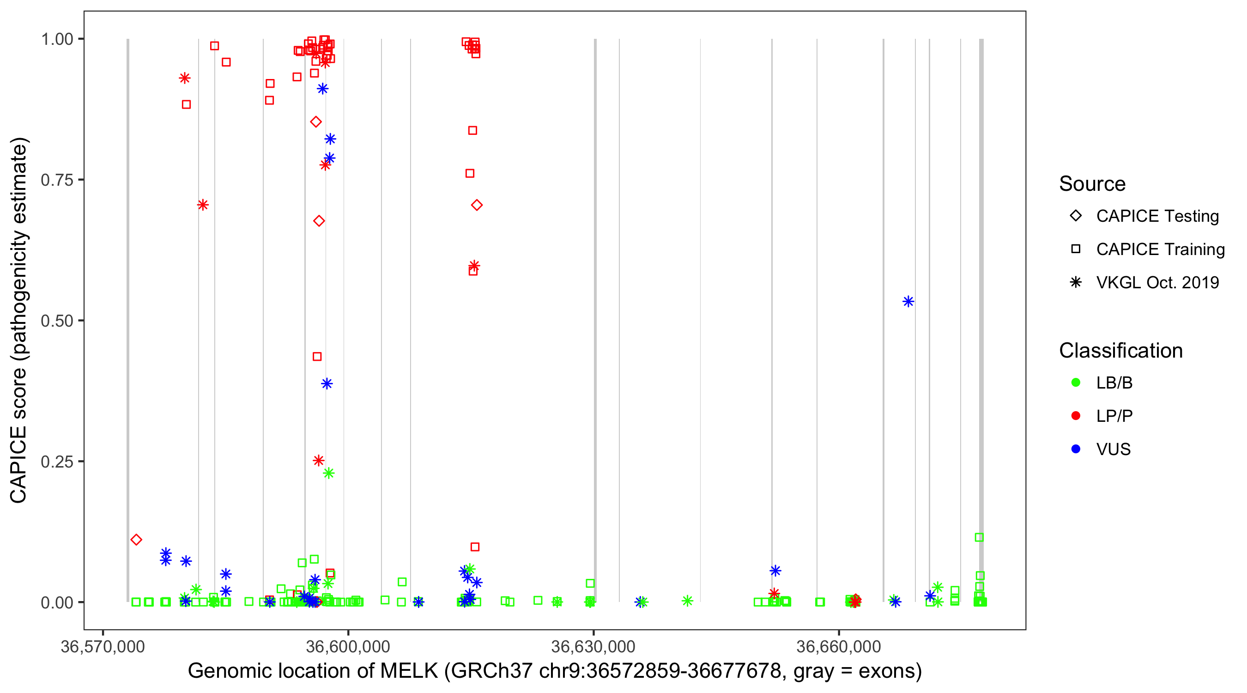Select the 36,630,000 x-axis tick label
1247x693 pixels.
click(x=593, y=646)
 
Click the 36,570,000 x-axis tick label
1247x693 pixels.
click(x=103, y=646)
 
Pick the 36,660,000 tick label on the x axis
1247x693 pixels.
click(x=838, y=646)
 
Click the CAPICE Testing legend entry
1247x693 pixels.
click(x=1157, y=216)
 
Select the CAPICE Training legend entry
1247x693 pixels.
click(x=1160, y=249)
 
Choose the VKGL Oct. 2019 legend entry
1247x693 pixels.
click(x=1157, y=282)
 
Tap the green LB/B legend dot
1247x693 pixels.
click(x=1076, y=383)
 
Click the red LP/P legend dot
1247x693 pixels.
click(x=1076, y=416)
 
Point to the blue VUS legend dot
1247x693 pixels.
click(x=1076, y=449)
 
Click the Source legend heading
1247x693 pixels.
click(x=1092, y=184)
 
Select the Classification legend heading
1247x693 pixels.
click(x=1120, y=351)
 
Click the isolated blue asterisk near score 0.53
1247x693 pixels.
click(x=908, y=302)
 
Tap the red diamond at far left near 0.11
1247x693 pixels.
click(x=136, y=540)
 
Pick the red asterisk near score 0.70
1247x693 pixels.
click(x=203, y=205)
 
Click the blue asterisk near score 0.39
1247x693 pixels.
click(x=327, y=383)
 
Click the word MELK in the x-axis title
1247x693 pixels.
click(x=409, y=671)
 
